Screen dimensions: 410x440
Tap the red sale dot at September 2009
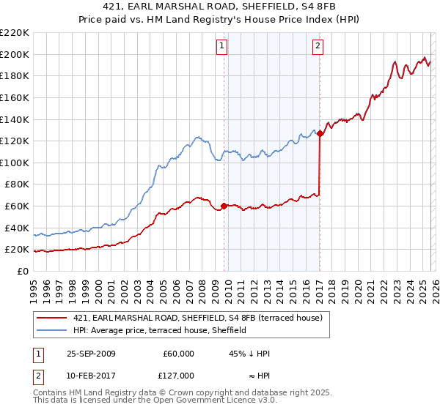[224, 206]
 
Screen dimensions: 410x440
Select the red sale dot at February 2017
[320, 133]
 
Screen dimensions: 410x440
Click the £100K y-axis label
[15, 163]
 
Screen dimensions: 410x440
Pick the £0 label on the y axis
[22, 271]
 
